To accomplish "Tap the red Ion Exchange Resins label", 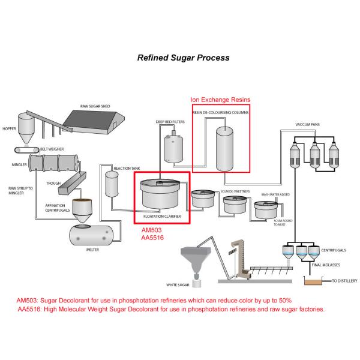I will point(220,100).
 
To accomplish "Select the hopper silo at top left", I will point(26,125).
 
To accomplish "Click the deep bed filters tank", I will point(174,148).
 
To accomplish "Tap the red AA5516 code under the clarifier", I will point(153,238).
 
